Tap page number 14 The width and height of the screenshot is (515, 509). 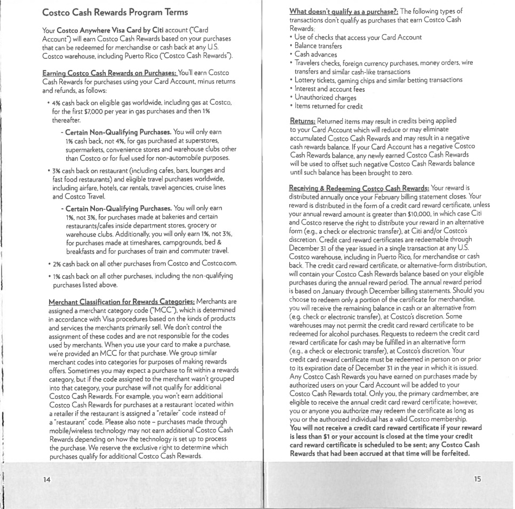pos(47,479)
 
